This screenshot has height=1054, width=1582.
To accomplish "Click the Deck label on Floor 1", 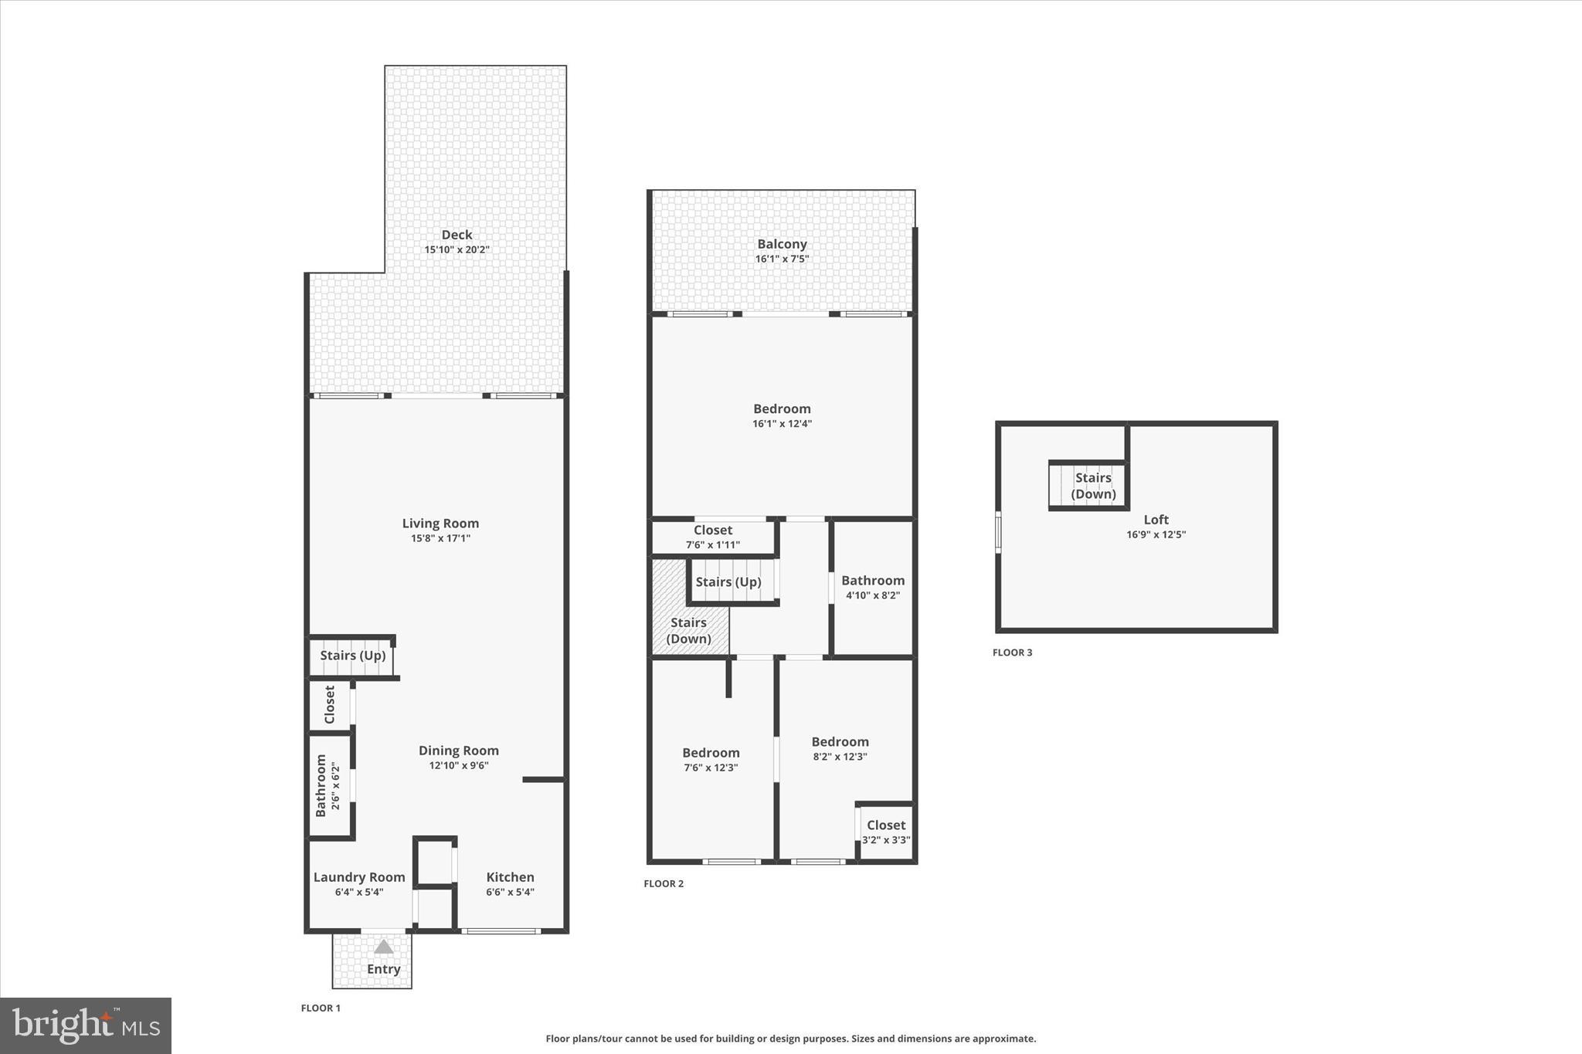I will [x=457, y=235].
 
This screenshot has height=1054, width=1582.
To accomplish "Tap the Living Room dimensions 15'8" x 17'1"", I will [x=440, y=538].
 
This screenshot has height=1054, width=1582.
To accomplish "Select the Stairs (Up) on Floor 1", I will [x=353, y=656].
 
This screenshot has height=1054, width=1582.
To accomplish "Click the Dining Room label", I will [x=459, y=751].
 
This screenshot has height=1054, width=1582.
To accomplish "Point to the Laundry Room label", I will [x=359, y=877].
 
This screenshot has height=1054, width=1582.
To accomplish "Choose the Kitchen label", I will [x=510, y=877].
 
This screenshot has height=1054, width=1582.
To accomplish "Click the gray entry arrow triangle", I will [x=384, y=947].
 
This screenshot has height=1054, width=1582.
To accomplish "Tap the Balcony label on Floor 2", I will [x=782, y=244].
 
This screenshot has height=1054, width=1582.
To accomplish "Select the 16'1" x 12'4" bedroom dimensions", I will [x=782, y=423].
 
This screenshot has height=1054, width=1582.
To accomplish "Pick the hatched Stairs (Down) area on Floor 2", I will [x=688, y=630].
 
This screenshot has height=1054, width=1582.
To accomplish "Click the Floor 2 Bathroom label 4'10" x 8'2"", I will [x=873, y=588].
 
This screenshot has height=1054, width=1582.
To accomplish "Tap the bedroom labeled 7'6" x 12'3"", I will [x=711, y=760].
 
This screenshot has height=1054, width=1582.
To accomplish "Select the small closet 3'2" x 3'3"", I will [x=886, y=832].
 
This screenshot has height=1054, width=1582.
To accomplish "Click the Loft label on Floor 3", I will [x=1156, y=520].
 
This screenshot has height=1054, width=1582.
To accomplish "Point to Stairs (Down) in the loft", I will [x=1093, y=486].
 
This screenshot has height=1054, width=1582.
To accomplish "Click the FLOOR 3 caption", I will [x=1012, y=652].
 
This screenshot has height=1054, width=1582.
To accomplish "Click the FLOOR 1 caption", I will [x=321, y=1008].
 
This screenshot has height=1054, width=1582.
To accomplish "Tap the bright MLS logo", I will [x=86, y=1025].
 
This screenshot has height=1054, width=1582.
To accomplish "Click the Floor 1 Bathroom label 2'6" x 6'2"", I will [x=328, y=785].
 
